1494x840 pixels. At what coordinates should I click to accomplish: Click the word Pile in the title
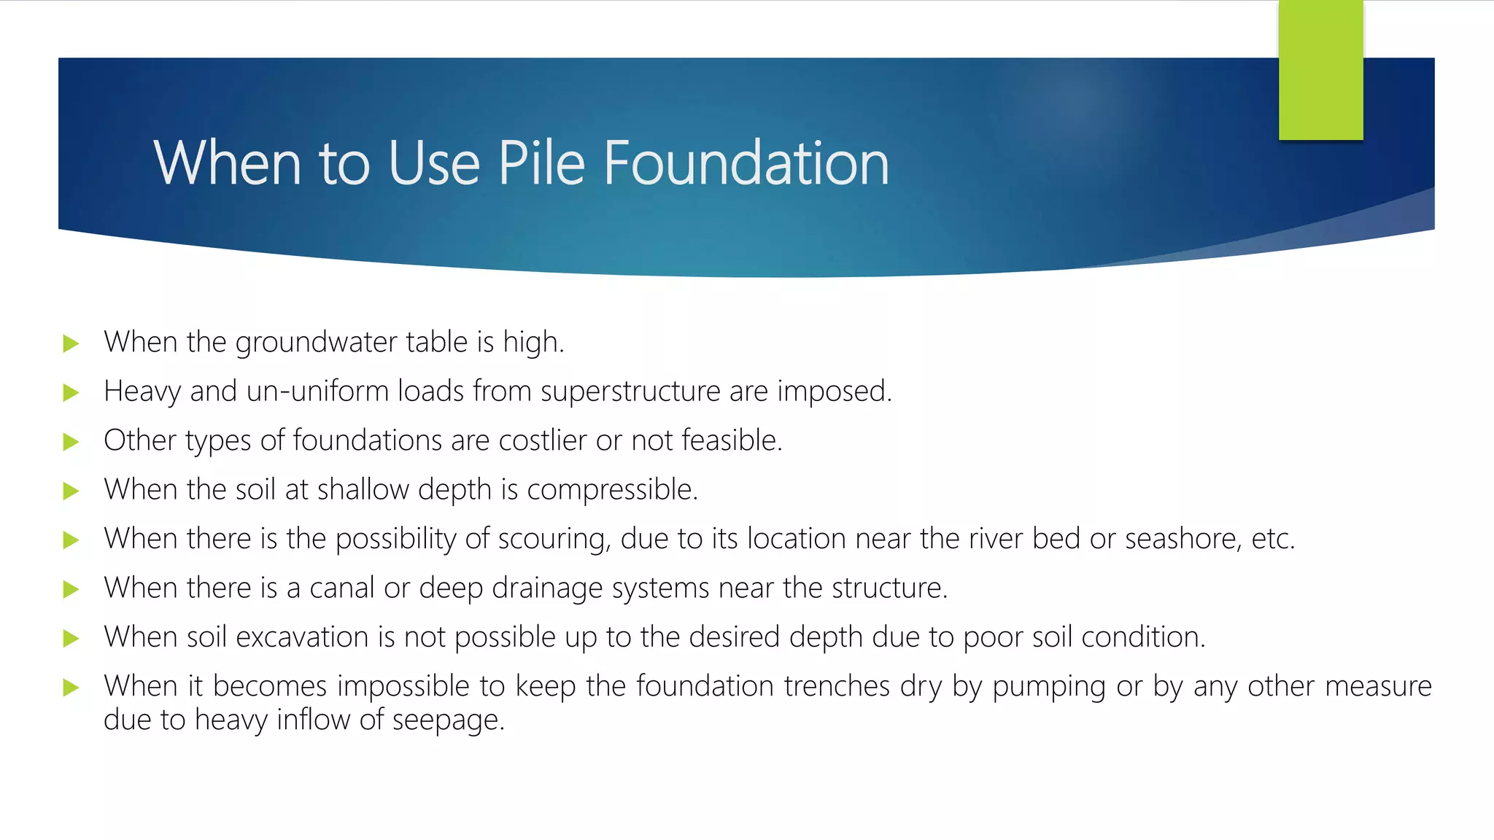pyautogui.click(x=541, y=163)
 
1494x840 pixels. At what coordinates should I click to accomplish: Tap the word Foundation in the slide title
pyautogui.click(x=746, y=163)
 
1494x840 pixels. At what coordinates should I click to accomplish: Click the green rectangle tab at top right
pyautogui.click(x=1320, y=70)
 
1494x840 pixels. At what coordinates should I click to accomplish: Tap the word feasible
pyautogui.click(x=731, y=440)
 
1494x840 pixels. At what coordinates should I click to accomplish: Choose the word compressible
pyautogui.click(x=612, y=490)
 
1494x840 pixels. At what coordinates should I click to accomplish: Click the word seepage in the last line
pyautogui.click(x=448, y=720)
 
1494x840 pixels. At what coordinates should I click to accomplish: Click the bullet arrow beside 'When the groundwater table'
pyautogui.click(x=71, y=343)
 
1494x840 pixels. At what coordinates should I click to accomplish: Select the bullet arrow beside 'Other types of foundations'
pyautogui.click(x=71, y=441)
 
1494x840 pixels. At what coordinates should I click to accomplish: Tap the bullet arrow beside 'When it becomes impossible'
pyautogui.click(x=71, y=687)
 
